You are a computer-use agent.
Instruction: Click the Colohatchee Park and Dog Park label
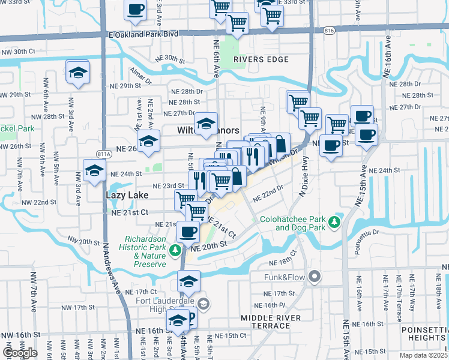[292, 223]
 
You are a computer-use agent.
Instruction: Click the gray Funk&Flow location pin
[314, 277]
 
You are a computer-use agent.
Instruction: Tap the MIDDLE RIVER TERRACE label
[265, 322]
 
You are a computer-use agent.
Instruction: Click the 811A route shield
[104, 154]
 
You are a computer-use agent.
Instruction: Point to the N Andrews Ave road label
[112, 270]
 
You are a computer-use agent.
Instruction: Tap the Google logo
[20, 353]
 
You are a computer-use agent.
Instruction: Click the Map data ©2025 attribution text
[423, 355]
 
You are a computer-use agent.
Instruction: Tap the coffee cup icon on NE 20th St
[188, 232]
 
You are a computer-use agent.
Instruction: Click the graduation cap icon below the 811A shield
[95, 172]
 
